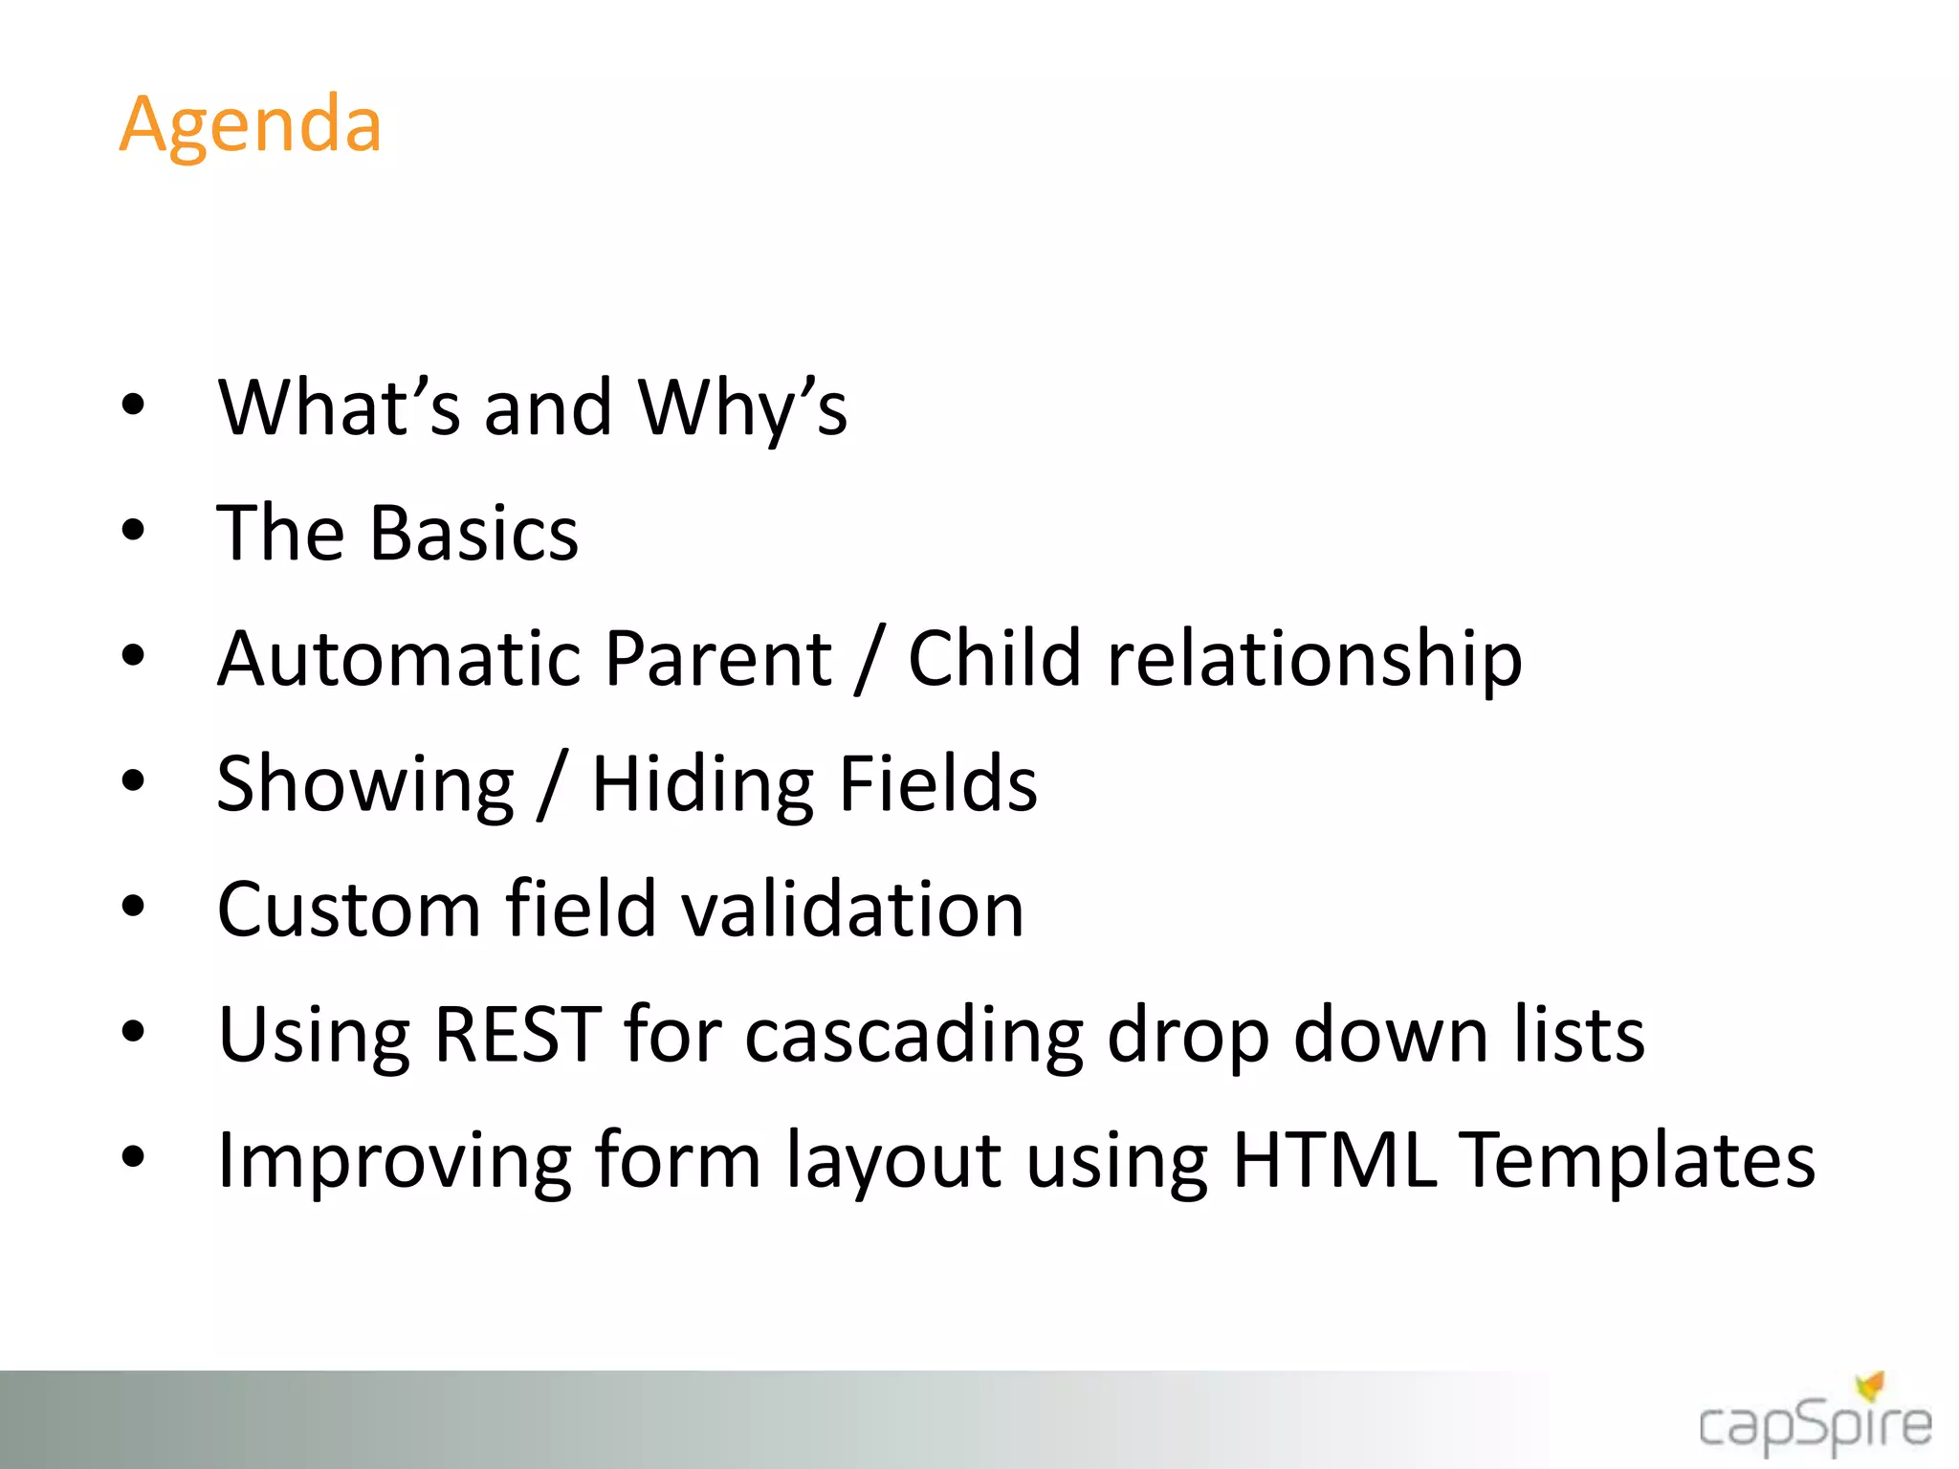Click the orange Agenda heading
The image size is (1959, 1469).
[x=251, y=124]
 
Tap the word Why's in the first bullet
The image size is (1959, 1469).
[x=742, y=407]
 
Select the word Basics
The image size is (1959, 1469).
[x=474, y=533]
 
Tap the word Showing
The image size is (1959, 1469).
[x=365, y=784]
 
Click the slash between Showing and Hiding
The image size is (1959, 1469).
[x=553, y=784]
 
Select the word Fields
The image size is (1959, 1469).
[x=938, y=783]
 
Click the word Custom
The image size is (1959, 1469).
[x=348, y=909]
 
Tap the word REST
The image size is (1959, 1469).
[x=517, y=1034]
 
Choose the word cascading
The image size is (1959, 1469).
[x=913, y=1036]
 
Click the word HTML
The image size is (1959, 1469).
[x=1334, y=1159]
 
